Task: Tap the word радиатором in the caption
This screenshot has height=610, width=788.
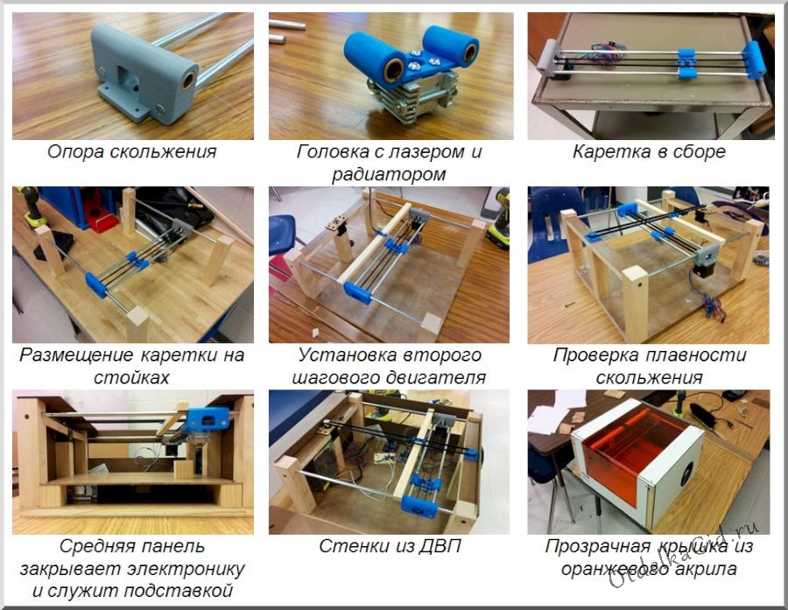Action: click(382, 174)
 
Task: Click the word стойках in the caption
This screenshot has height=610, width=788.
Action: click(131, 377)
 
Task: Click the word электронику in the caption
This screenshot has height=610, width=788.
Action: click(186, 569)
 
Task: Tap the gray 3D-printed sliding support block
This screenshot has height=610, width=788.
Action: click(144, 75)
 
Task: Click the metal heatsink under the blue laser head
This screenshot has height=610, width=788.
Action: click(412, 95)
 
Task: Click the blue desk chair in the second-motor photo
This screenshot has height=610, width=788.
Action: click(283, 236)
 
